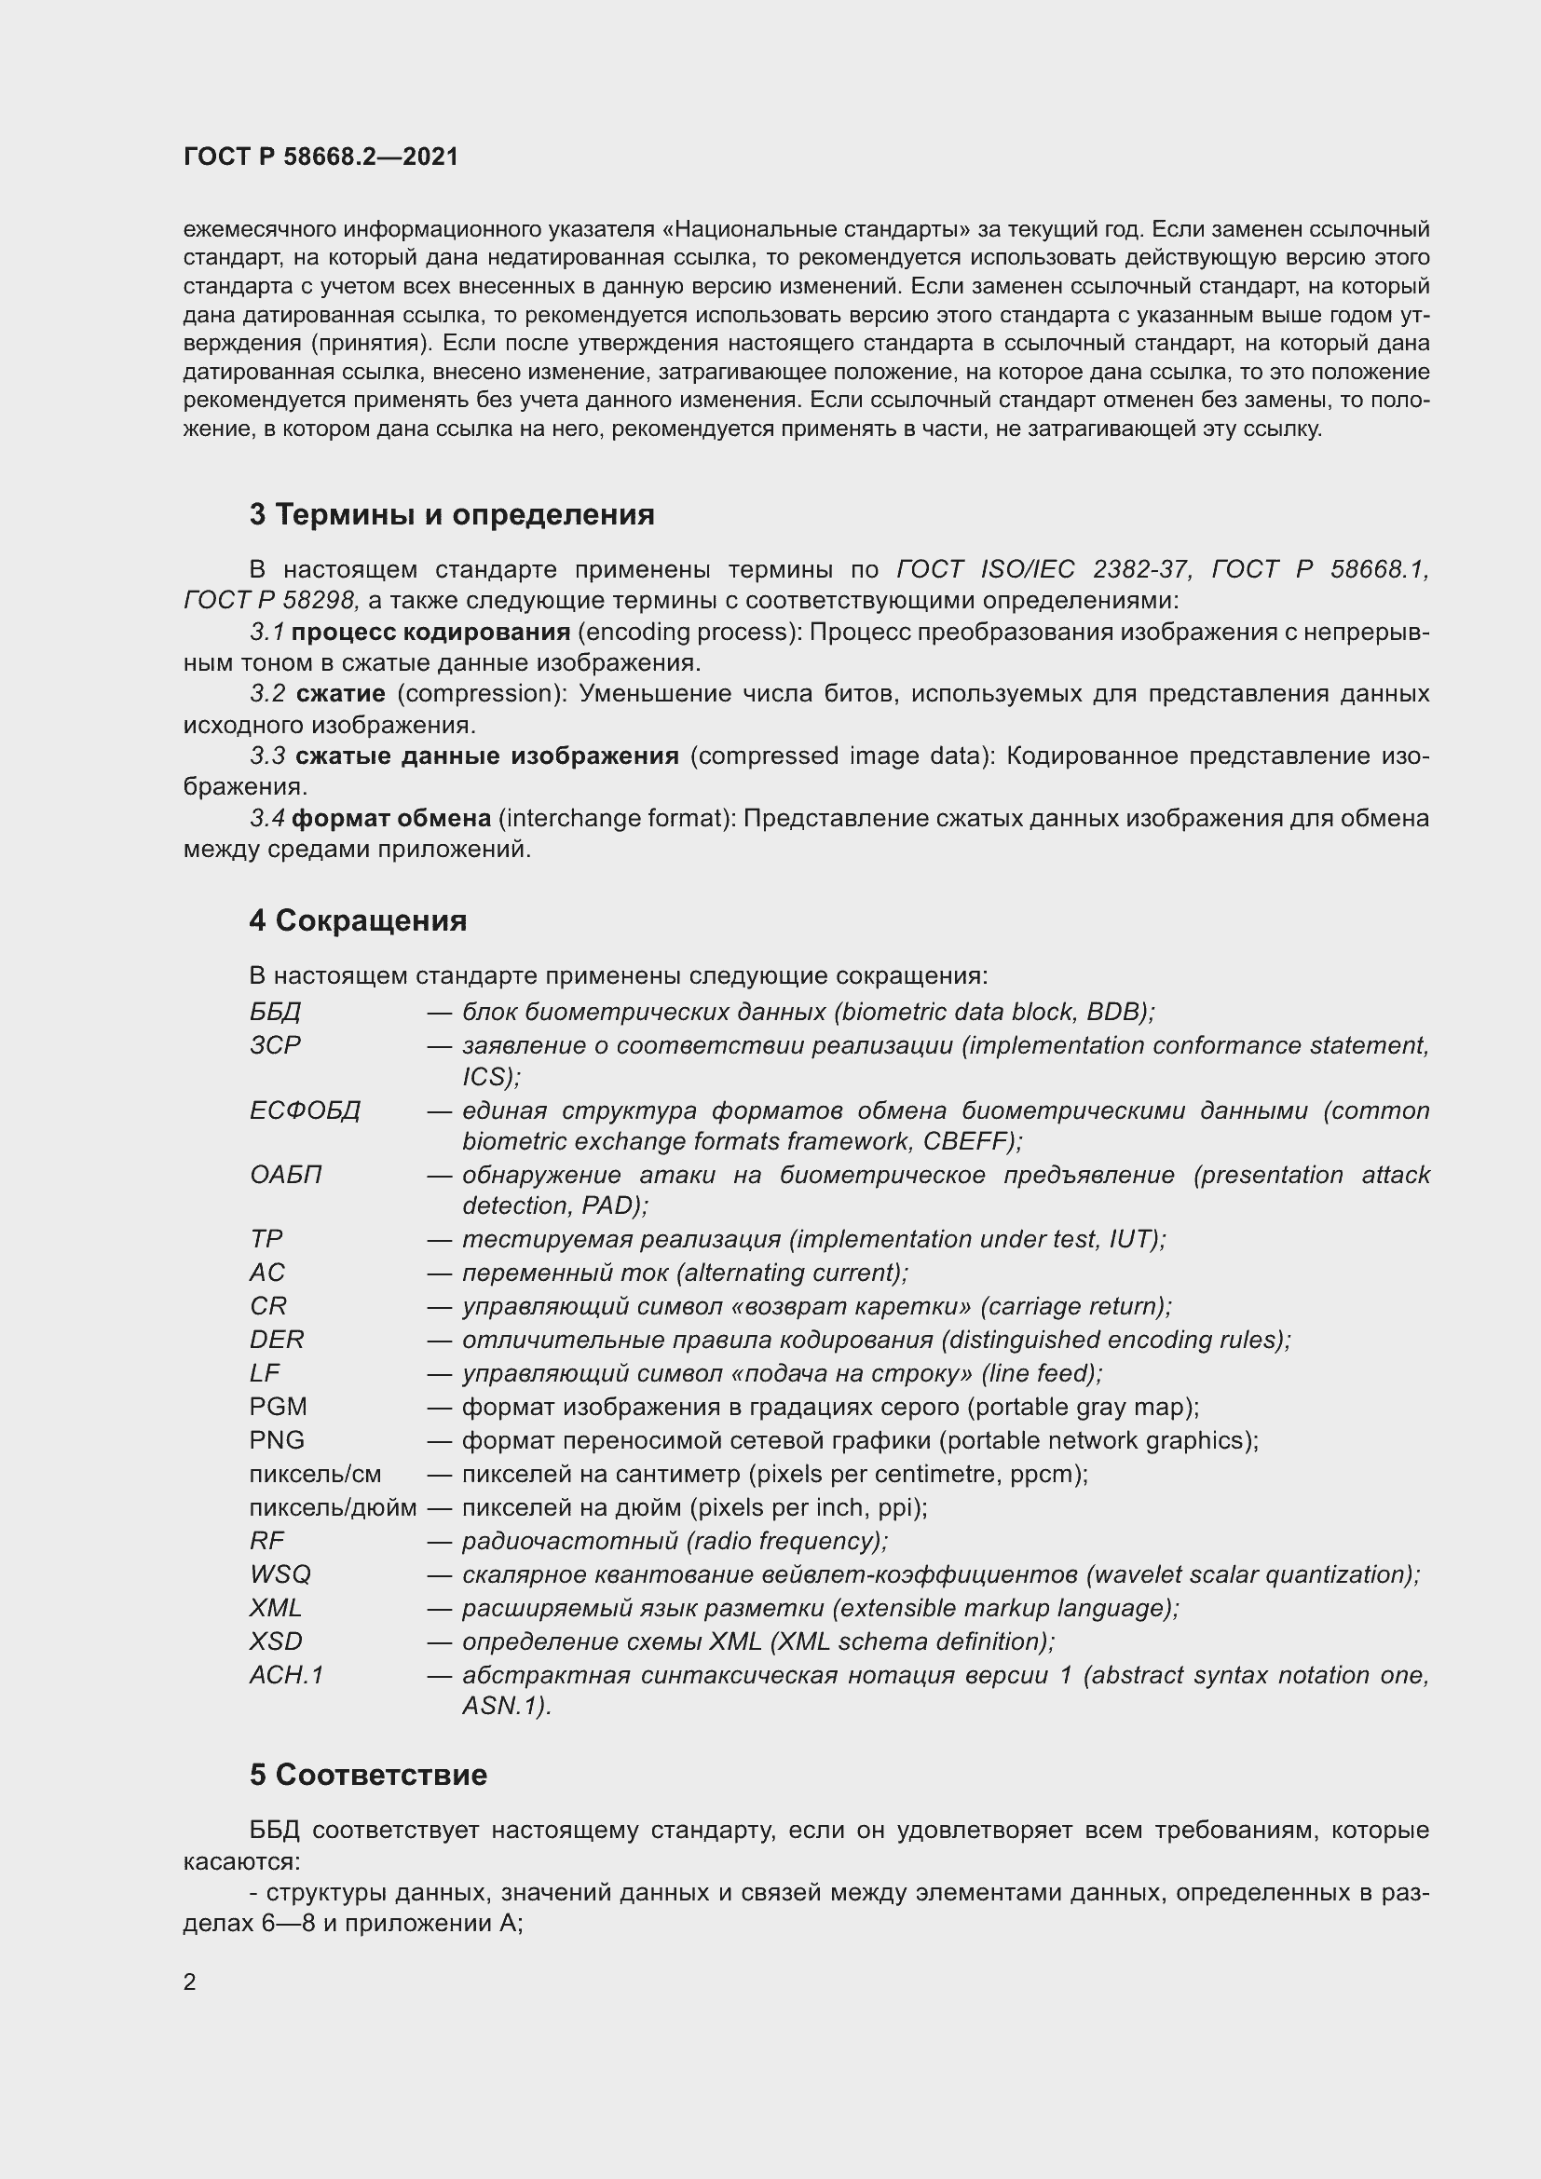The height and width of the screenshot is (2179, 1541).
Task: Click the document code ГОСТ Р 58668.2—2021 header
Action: (x=320, y=157)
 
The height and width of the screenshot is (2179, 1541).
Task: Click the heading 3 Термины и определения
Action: (x=452, y=515)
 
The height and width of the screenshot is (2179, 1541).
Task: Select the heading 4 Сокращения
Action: (x=358, y=920)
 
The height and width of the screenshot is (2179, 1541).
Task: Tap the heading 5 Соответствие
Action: (x=368, y=1775)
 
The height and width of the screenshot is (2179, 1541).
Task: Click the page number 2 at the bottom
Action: (x=190, y=1982)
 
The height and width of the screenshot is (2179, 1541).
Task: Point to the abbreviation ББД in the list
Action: (x=275, y=1013)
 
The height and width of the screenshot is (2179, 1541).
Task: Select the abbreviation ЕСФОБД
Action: (x=306, y=1110)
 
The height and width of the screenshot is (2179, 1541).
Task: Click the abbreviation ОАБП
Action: (x=286, y=1175)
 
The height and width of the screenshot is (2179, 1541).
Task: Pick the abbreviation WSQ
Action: (x=280, y=1574)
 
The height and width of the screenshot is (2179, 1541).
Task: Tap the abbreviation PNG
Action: (x=277, y=1440)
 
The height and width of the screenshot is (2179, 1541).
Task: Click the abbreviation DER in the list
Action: (x=277, y=1340)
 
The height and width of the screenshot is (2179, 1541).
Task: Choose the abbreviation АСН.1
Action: (x=287, y=1675)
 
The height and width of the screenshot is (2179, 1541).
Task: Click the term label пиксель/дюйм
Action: (x=333, y=1508)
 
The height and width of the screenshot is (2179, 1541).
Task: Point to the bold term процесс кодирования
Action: (x=430, y=632)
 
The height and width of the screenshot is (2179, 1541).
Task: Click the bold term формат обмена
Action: (x=391, y=818)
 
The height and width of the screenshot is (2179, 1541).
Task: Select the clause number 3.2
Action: (x=267, y=694)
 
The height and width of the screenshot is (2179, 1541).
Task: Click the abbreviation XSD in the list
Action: (x=276, y=1641)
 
